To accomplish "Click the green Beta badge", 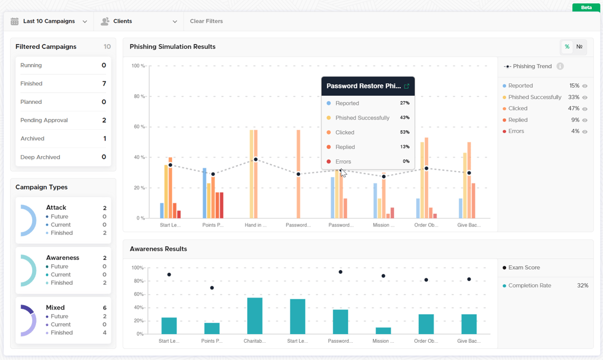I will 586,8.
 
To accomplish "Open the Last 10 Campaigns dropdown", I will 49,22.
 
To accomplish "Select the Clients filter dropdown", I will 139,22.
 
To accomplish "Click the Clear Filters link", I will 206,22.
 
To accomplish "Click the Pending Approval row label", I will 44,121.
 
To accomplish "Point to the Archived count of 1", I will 104,139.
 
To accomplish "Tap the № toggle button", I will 579,47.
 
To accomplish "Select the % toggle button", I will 567,47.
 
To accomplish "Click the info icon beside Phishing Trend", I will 560,66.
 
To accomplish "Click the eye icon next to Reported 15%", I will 585,86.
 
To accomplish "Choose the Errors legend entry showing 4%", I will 516,131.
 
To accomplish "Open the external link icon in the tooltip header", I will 406,86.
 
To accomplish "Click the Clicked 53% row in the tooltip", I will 368,132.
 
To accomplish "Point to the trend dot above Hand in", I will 256,159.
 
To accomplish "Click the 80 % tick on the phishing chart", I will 138,97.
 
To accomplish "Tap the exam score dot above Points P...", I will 212,288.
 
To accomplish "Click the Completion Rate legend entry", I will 529,286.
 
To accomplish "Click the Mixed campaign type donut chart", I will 28,321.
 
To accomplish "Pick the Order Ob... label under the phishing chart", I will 426,225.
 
